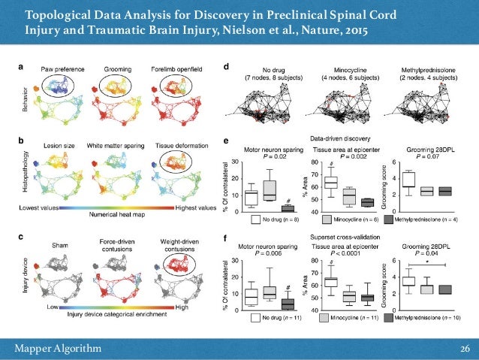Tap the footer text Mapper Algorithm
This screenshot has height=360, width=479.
pos(63,346)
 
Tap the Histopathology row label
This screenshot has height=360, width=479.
pos(22,173)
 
